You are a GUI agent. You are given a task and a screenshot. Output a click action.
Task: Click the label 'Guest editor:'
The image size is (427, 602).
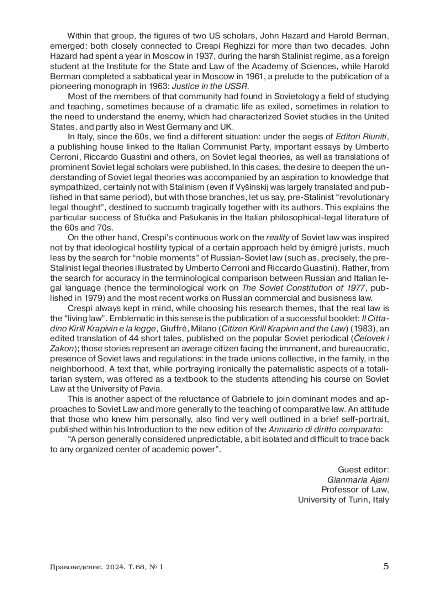(x=363, y=469)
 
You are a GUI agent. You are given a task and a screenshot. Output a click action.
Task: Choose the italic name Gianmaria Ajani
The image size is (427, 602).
(x=358, y=479)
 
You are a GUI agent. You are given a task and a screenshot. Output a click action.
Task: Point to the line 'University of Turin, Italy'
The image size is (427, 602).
(x=343, y=500)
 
